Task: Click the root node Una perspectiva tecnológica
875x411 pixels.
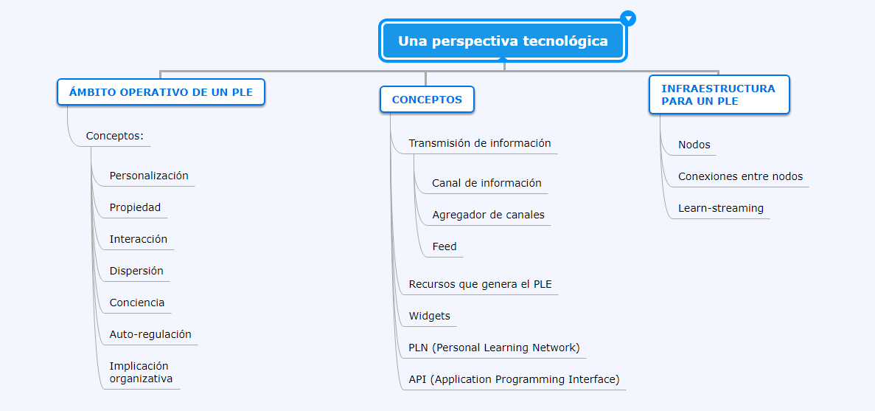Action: pyautogui.click(x=503, y=41)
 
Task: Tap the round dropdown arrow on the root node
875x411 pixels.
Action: pyautogui.click(x=628, y=18)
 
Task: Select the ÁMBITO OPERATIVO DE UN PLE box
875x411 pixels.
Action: pyautogui.click(x=161, y=92)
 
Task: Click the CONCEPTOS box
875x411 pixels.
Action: pyautogui.click(x=427, y=100)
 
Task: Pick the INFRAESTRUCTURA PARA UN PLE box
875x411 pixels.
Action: pyautogui.click(x=719, y=95)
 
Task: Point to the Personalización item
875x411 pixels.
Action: pyautogui.click(x=149, y=176)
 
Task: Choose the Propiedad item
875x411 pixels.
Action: pyautogui.click(x=135, y=207)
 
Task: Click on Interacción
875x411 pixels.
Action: pyautogui.click(x=139, y=239)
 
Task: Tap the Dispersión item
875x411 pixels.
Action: pyautogui.click(x=136, y=271)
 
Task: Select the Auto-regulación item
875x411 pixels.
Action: pyautogui.click(x=150, y=334)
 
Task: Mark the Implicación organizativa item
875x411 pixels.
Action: pyautogui.click(x=142, y=372)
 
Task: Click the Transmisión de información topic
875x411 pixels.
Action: pyautogui.click(x=480, y=142)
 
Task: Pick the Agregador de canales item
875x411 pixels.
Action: pyautogui.click(x=488, y=215)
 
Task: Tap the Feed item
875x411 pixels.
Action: pyautogui.click(x=445, y=246)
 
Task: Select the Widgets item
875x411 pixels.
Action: pyautogui.click(x=430, y=316)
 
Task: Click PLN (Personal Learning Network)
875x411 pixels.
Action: pyautogui.click(x=495, y=348)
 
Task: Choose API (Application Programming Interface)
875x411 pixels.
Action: pyautogui.click(x=514, y=379)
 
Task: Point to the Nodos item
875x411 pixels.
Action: pyautogui.click(x=694, y=145)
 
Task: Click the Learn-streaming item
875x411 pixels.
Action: pyautogui.click(x=721, y=208)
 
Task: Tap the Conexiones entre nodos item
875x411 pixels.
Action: pyautogui.click(x=741, y=176)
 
